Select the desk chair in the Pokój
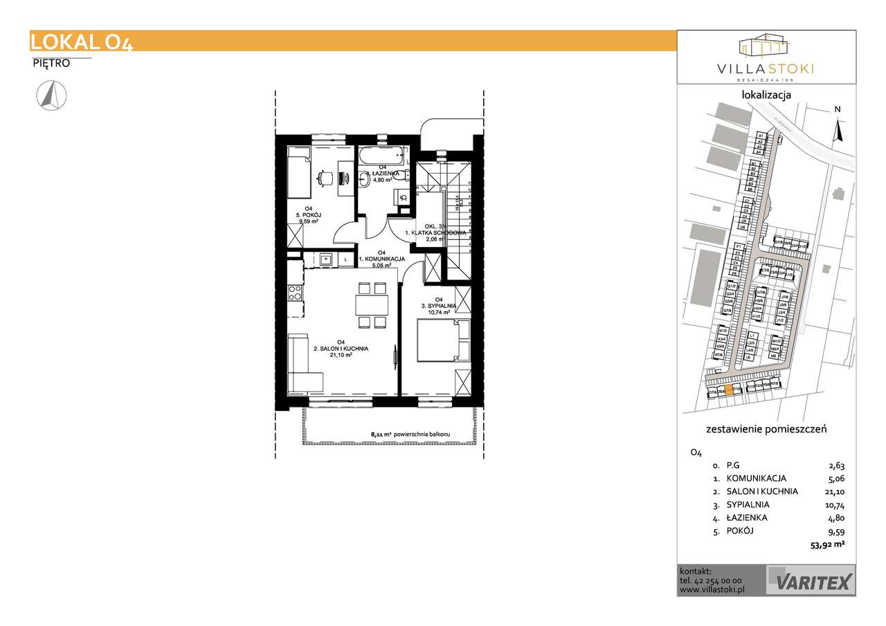[x=324, y=178]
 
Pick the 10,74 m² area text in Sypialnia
[x=438, y=313]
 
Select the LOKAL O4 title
[x=82, y=42]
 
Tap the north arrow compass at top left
[x=49, y=95]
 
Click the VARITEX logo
[x=811, y=580]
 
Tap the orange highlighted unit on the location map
[x=727, y=391]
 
